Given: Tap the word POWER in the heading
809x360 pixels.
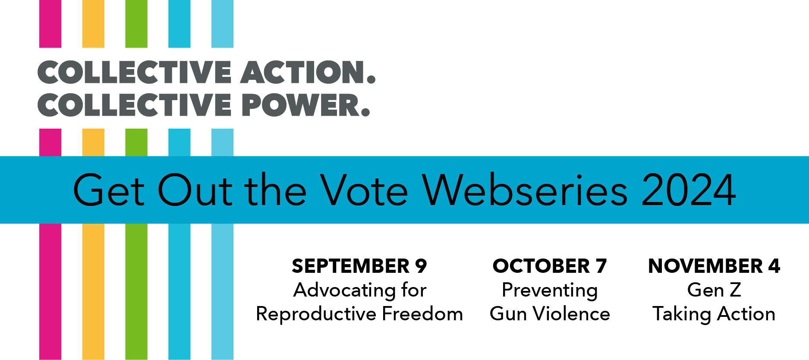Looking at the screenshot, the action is point(306,105).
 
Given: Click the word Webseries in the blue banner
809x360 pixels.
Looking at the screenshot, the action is point(525,189).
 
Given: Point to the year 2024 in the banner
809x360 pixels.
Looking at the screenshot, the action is point(689,190).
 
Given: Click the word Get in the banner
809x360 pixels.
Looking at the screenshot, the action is point(109,190).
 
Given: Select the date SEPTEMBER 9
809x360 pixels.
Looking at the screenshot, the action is point(359,266).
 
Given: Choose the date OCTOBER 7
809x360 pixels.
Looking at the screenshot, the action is point(550,266).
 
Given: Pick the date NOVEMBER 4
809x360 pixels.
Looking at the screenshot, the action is point(714,266).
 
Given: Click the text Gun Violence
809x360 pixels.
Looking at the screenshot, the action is point(550,314).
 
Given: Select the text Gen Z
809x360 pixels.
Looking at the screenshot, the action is point(714,290).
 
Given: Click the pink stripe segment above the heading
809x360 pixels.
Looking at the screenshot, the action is point(50,24).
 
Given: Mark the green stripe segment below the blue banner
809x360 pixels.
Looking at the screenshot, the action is point(136,291).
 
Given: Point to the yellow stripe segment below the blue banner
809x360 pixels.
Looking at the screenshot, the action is point(93,291).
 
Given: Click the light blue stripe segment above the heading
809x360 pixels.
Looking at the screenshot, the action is point(222,24).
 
